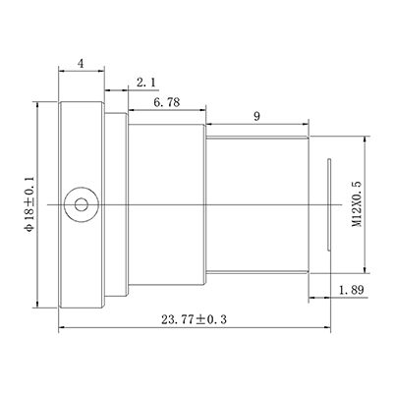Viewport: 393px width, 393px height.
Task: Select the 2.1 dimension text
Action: pyautogui.click(x=146, y=81)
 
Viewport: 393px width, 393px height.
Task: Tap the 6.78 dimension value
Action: pyautogui.click(x=166, y=101)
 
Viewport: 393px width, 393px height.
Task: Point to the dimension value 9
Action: pyautogui.click(x=255, y=117)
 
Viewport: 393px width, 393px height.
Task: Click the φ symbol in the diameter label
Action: pyautogui.click(x=30, y=227)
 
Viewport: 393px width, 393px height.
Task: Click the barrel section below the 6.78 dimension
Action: pyautogui.click(x=167, y=204)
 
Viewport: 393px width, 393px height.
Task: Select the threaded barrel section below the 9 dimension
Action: pyautogui.click(x=257, y=204)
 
